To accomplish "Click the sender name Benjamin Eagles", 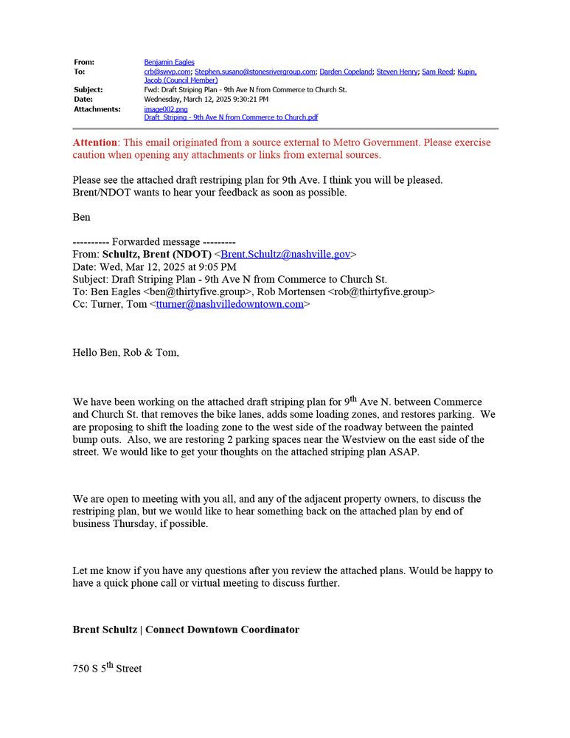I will (169, 62).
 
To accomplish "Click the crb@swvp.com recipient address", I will (167, 72).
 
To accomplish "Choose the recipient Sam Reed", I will (437, 72).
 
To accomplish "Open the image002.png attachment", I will (166, 108).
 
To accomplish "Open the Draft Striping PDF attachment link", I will (231, 117).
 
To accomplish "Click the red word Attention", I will (95, 142).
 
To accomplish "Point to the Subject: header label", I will (88, 90).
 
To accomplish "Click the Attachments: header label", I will (97, 108).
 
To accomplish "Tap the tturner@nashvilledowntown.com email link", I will (229, 304).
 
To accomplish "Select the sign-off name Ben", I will (81, 218).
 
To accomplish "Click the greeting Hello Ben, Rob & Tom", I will (125, 353).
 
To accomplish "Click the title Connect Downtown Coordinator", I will (222, 630).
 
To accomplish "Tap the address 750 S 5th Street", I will (107, 669).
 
